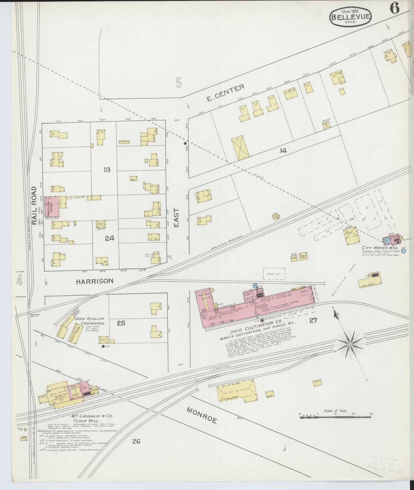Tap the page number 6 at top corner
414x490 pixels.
pyautogui.click(x=394, y=9)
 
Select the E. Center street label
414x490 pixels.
pyautogui.click(x=225, y=93)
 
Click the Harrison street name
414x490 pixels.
pyautogui.click(x=94, y=281)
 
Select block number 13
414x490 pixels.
pyautogui.click(x=107, y=170)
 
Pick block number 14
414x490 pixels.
pyautogui.click(x=283, y=151)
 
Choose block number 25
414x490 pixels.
pyautogui.click(x=121, y=323)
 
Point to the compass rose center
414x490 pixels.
pyautogui.click(x=350, y=344)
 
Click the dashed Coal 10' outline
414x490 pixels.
pyautogui.click(x=274, y=274)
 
